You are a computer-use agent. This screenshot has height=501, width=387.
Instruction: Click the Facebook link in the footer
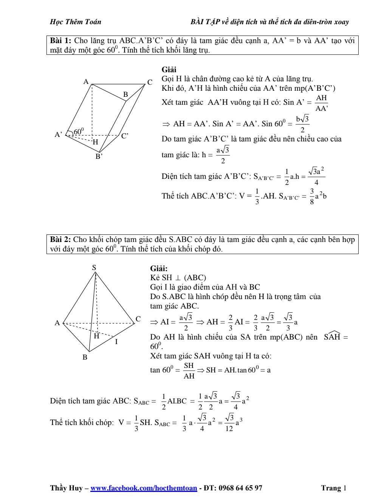coord(144,488)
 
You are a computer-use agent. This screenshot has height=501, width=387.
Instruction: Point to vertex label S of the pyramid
coord(94,267)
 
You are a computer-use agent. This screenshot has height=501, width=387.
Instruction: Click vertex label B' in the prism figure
coord(99,156)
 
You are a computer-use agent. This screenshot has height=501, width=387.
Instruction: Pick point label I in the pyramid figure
coord(116,342)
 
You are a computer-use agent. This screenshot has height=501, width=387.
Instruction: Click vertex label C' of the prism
coord(125,136)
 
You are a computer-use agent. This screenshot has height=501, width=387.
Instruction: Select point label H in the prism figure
coord(95,142)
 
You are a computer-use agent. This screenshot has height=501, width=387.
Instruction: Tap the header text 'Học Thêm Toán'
coord(76,22)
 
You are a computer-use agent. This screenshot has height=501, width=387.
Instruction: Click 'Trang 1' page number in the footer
coord(334,488)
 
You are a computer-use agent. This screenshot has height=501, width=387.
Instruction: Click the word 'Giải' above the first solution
coord(169,70)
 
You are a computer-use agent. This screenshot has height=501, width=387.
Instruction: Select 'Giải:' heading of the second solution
coord(159,268)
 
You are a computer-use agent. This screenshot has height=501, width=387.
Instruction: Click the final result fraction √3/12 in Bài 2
coord(229,423)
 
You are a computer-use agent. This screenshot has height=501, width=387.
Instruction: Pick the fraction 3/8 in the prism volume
coord(312,196)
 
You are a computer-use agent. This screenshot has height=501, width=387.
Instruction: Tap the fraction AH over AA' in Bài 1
coord(321,103)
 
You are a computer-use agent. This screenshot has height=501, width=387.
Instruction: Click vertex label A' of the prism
coord(58,135)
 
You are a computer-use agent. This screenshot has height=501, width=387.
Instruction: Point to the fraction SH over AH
coord(189,371)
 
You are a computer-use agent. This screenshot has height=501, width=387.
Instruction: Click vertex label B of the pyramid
coord(85,357)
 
